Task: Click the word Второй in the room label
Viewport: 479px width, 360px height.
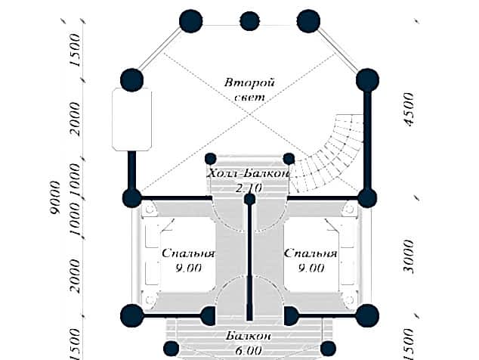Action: click(250, 82)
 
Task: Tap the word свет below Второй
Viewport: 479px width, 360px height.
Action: click(250, 98)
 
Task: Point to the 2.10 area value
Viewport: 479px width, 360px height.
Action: click(249, 187)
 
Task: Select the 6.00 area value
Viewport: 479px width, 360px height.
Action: click(249, 350)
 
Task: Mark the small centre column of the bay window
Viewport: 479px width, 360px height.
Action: click(249, 20)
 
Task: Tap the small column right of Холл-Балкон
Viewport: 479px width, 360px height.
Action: click(289, 158)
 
